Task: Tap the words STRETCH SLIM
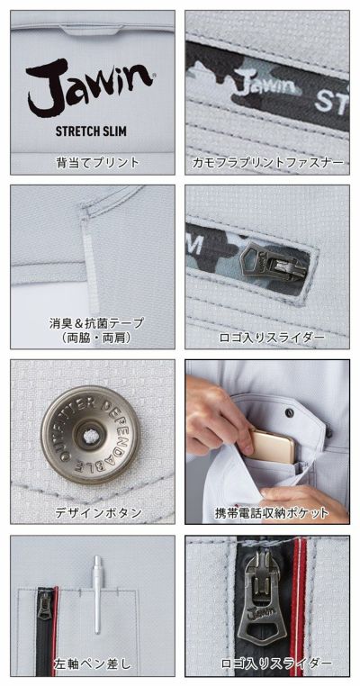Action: pos(91,130)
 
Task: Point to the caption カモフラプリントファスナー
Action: pos(267,163)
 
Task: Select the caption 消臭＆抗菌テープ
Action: pos(96,322)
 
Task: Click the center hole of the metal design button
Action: pos(89,437)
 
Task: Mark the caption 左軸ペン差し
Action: pos(91,664)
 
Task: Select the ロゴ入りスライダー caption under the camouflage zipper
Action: pos(267,338)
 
